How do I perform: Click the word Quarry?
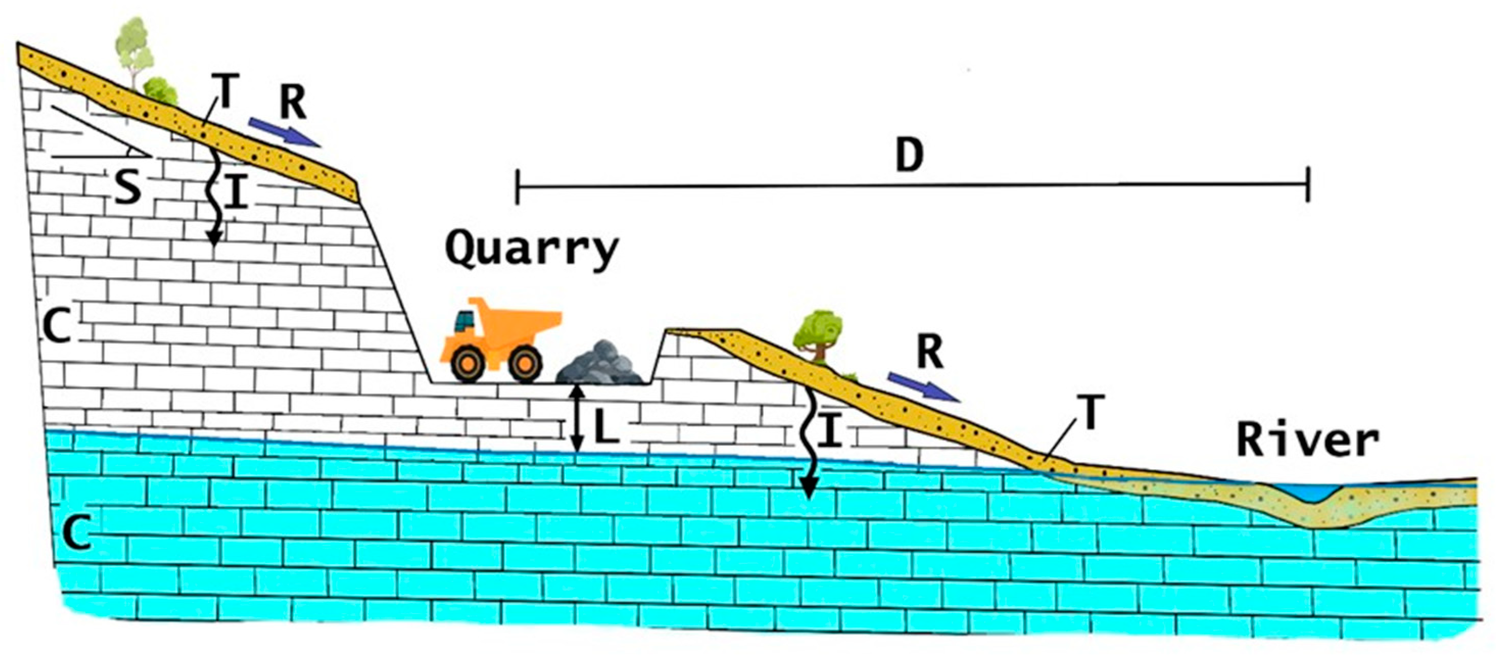point(531,250)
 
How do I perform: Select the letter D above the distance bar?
point(909,156)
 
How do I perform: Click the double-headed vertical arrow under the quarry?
point(576,418)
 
